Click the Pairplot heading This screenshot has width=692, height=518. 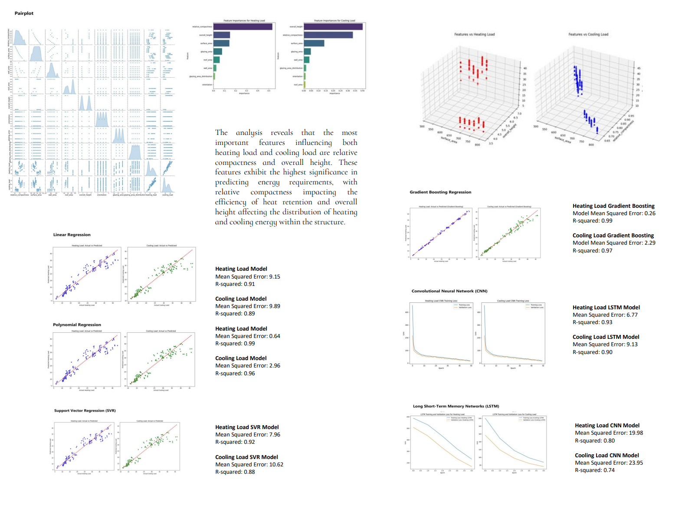[x=24, y=13]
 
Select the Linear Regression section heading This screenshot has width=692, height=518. [x=72, y=235]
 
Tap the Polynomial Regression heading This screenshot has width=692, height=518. [x=77, y=325]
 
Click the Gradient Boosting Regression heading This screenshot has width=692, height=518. [x=440, y=192]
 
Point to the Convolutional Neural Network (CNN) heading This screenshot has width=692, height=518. [x=449, y=291]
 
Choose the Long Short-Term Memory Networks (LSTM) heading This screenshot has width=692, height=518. [x=456, y=407]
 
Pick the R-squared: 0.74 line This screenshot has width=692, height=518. [x=594, y=470]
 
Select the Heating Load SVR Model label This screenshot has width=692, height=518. [x=247, y=427]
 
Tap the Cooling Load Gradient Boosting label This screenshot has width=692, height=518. [x=613, y=236]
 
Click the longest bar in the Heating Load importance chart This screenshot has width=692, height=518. [x=243, y=27]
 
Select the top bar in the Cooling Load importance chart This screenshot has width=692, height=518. [x=333, y=27]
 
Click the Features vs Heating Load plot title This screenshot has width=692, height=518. [x=474, y=34]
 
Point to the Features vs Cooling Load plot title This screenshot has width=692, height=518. [x=588, y=34]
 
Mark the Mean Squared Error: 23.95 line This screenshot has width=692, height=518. [x=609, y=463]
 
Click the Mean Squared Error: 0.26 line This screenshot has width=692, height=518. [x=614, y=213]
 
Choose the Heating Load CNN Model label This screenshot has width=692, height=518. [x=607, y=426]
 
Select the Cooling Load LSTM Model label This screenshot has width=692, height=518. [x=606, y=337]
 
